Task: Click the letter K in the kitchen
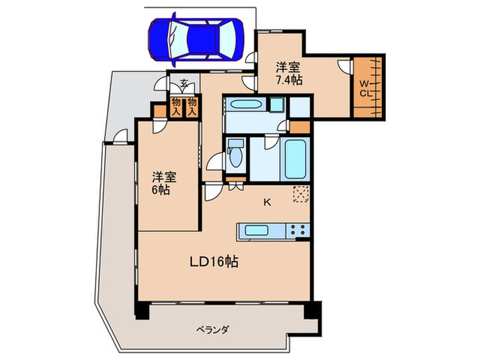click(x=267, y=202)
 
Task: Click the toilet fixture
click(x=236, y=155)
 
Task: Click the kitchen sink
click(x=255, y=230)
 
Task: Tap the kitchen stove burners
click(x=298, y=231)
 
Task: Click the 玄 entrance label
click(x=185, y=84)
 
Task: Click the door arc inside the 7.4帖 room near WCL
click(x=345, y=69)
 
